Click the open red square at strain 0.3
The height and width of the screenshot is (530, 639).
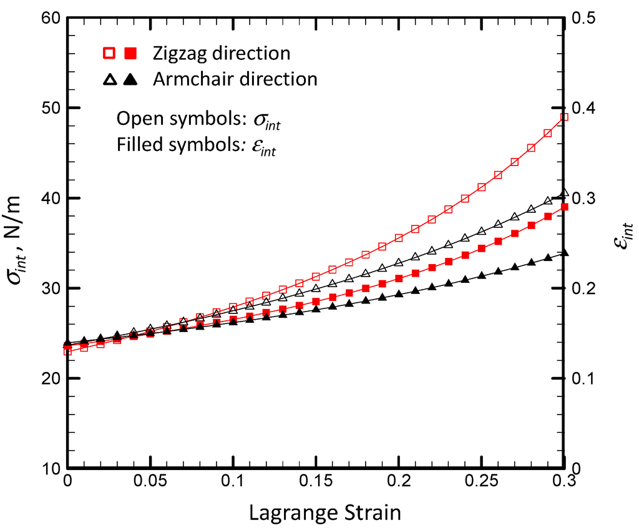click(564, 117)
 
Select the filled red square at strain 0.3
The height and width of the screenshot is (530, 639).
click(564, 207)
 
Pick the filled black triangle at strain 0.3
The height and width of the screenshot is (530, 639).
click(564, 253)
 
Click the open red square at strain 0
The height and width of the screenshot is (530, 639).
click(67, 351)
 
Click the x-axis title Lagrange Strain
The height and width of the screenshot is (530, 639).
click(324, 513)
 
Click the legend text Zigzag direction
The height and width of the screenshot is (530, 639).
click(222, 53)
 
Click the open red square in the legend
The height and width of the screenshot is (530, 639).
click(109, 54)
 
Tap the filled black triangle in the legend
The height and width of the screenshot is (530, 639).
click(130, 79)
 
